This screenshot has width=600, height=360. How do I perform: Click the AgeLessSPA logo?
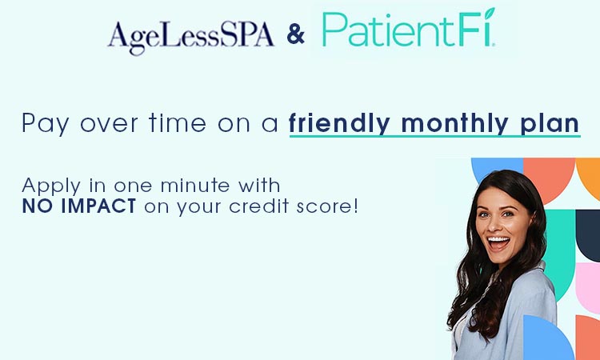[x=191, y=36]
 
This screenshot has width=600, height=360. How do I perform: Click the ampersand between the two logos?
[x=295, y=35]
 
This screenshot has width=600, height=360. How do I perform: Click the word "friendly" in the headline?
[x=341, y=124]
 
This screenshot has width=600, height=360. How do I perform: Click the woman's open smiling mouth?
[x=498, y=242]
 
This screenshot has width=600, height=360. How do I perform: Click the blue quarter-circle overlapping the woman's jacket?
[x=547, y=340]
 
